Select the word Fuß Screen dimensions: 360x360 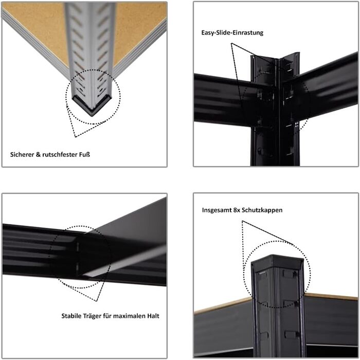84,154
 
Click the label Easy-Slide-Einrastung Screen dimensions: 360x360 232,32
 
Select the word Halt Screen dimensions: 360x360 153,316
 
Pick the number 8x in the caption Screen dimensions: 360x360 237,210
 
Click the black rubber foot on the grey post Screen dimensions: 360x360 92,105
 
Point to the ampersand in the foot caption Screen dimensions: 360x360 38,154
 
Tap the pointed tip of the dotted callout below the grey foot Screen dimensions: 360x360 75,137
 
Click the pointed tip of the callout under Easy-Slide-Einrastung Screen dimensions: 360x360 231,43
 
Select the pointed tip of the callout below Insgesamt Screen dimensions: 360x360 242,221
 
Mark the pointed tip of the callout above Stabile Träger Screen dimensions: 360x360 97,301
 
